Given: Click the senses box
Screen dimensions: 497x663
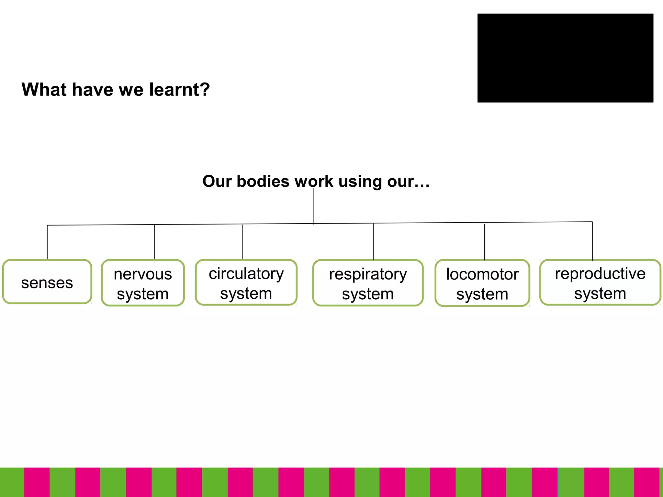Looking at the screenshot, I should click(47, 282).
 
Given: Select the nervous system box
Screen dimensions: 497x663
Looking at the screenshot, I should click(143, 283).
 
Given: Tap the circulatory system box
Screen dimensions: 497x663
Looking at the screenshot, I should click(246, 282).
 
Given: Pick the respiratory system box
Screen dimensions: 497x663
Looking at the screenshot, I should click(368, 283).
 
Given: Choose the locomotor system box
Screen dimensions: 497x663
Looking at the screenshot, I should click(482, 283).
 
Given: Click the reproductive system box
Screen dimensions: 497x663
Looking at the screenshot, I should click(600, 282).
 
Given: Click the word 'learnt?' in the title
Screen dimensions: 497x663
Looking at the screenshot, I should click(179, 89).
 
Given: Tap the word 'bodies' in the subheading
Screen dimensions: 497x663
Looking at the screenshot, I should click(263, 181).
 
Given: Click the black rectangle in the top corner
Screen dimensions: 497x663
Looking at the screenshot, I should click(565, 58).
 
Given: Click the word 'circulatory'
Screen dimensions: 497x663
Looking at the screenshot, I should click(246, 274).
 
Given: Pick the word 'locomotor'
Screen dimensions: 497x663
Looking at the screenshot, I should click(482, 274).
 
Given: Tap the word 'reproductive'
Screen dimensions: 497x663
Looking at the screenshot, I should click(600, 274).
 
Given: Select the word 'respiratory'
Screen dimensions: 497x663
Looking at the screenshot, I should click(368, 274).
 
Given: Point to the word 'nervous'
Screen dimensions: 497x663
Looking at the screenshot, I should click(143, 274).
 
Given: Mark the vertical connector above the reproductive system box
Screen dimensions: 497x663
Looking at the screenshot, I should click(592, 241).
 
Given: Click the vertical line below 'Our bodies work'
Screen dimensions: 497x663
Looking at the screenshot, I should click(313, 207).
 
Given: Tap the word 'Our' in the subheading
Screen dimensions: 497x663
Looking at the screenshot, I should click(217, 181).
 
